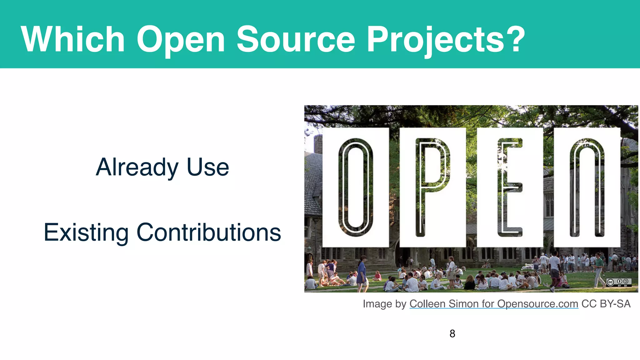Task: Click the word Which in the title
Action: click(x=73, y=39)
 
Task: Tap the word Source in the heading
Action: click(x=296, y=39)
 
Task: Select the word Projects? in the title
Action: click(x=445, y=40)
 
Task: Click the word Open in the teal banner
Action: click(x=181, y=40)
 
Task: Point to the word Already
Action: click(x=137, y=167)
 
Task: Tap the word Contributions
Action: click(x=209, y=232)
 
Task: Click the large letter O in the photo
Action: click(x=356, y=187)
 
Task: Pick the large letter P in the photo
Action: click(x=432, y=187)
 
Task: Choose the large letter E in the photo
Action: click(x=510, y=187)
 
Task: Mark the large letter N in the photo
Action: click(x=587, y=187)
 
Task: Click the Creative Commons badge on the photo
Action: click(x=619, y=282)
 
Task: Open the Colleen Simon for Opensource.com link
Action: click(x=494, y=304)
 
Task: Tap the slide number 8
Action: click(x=452, y=334)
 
